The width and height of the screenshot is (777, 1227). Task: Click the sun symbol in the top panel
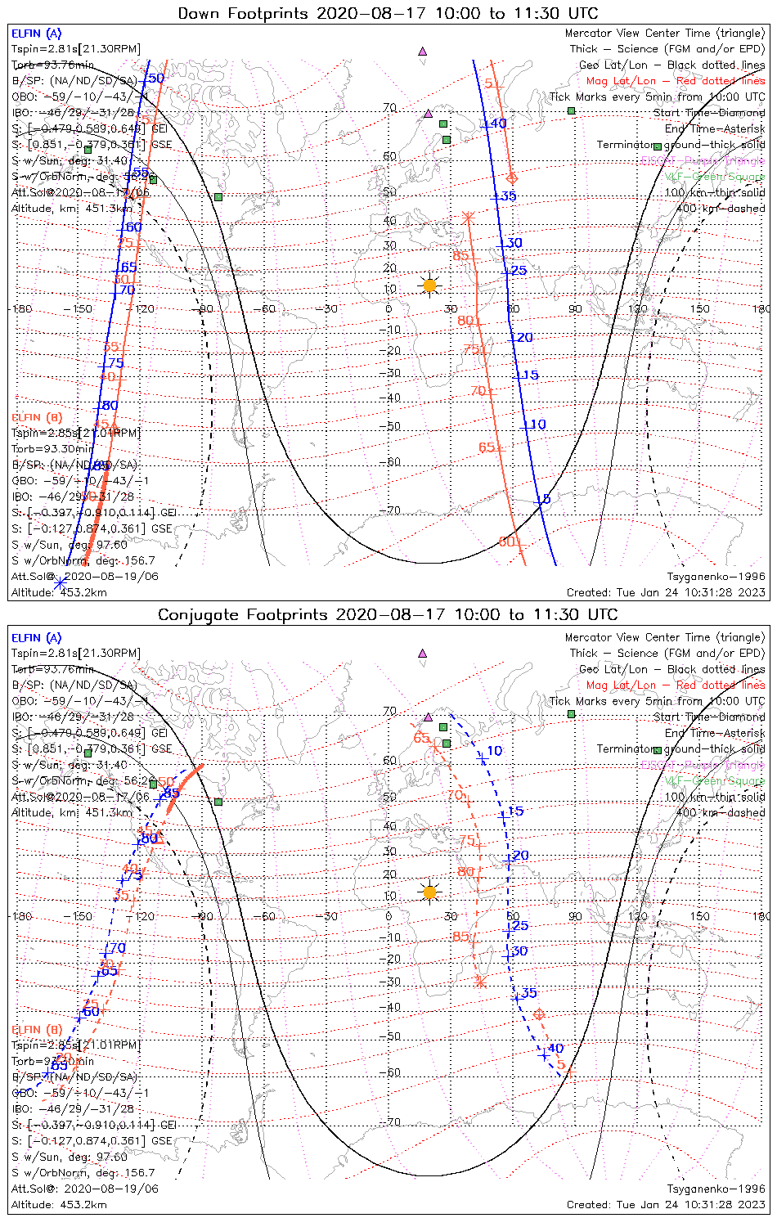429,285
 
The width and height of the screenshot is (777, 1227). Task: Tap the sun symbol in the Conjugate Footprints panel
429,891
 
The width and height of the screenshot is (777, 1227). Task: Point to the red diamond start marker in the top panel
513,178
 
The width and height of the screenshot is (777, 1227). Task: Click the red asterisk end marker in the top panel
469,217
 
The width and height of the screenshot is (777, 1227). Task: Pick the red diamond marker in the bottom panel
539,1014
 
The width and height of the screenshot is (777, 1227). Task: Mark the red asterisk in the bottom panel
481,981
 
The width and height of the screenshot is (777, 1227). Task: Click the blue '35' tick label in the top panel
509,196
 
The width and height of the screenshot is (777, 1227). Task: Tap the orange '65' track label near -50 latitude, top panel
487,447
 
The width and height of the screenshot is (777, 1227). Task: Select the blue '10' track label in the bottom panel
495,751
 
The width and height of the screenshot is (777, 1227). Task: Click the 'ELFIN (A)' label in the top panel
36,34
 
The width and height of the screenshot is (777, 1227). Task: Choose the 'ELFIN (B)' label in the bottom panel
36,1029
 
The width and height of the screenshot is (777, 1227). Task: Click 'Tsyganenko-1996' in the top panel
716,577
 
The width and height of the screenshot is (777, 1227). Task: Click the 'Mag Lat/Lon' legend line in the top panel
676,81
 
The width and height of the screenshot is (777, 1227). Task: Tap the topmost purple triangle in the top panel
423,51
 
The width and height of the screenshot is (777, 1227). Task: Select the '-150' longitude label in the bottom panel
81,916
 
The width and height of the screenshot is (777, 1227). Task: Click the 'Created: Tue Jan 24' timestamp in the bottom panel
666,1204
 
